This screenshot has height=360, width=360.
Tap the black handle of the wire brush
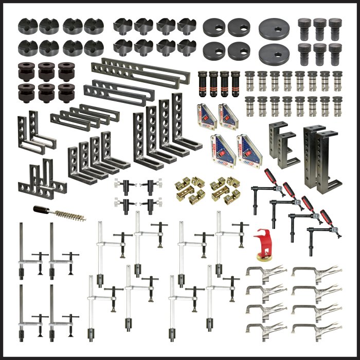point(42,210)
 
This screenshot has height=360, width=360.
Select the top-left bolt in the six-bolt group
point(305,26)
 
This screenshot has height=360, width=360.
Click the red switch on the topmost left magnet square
point(205,116)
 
